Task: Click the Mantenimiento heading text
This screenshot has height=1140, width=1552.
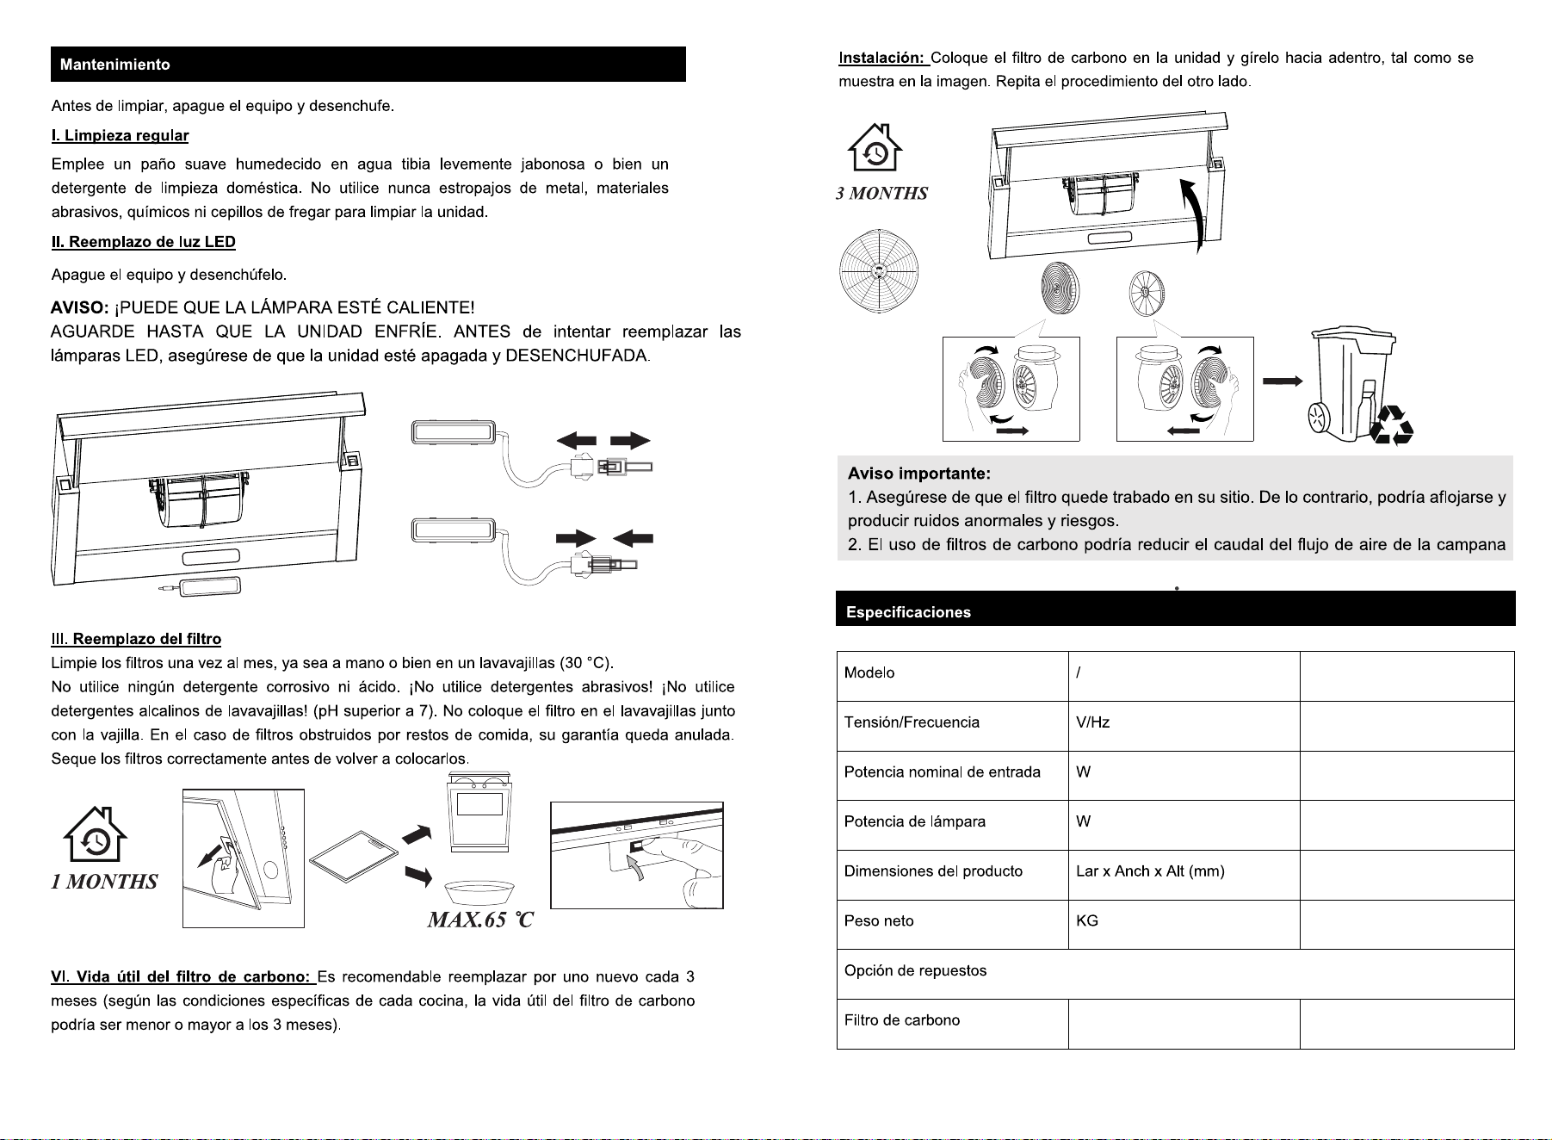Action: (x=115, y=65)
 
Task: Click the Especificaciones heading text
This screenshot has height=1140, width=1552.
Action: (x=908, y=612)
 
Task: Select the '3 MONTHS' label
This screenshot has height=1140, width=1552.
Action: (x=881, y=193)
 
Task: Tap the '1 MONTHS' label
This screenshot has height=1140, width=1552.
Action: (x=104, y=881)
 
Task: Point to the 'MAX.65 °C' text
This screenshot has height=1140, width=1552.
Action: (x=480, y=920)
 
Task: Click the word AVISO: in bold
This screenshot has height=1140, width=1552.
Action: (x=79, y=307)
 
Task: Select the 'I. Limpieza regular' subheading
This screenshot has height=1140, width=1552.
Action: (x=120, y=135)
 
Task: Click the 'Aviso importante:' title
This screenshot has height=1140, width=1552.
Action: (x=919, y=474)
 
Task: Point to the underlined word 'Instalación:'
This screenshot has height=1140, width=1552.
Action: (x=882, y=58)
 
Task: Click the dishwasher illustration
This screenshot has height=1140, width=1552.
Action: (x=479, y=812)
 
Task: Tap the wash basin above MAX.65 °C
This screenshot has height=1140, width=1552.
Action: (x=479, y=893)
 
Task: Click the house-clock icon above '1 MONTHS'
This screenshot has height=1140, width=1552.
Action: (x=96, y=834)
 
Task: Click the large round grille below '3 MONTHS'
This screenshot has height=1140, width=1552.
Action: (x=878, y=270)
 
